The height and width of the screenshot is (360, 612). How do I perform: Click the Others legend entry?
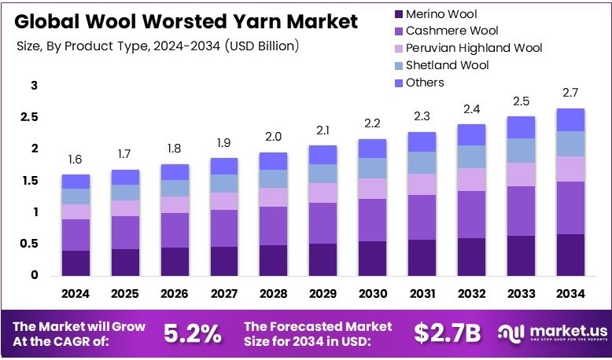[x=424, y=83]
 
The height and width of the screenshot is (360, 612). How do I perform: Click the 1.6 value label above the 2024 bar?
[x=76, y=160]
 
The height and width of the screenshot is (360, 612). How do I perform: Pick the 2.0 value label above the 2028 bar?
[x=273, y=137]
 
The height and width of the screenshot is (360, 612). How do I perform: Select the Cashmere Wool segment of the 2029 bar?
[x=322, y=222]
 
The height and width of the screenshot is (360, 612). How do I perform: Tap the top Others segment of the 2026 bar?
[x=175, y=171]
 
